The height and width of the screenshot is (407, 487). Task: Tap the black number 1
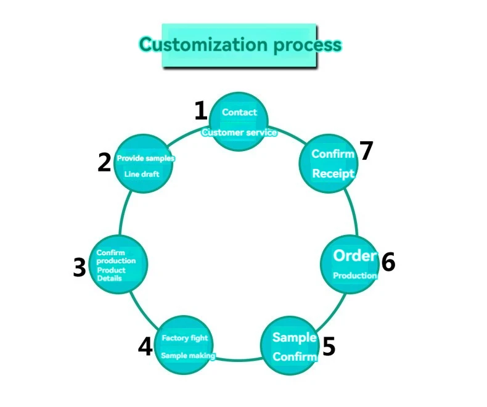(x=200, y=111)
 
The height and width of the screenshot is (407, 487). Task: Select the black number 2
(x=104, y=162)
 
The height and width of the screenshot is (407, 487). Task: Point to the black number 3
(x=79, y=268)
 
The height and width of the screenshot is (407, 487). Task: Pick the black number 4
(x=145, y=347)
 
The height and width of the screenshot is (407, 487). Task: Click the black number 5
(x=329, y=347)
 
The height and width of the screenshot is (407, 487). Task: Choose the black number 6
(x=388, y=262)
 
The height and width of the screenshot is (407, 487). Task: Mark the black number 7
(x=367, y=151)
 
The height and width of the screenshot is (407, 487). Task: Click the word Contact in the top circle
(x=239, y=112)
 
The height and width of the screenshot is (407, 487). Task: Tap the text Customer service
(x=239, y=132)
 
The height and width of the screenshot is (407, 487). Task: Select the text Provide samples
(x=145, y=158)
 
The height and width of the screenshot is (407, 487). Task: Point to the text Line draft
(x=142, y=175)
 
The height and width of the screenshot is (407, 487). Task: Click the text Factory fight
(x=185, y=338)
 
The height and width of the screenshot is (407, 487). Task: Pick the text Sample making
(x=188, y=356)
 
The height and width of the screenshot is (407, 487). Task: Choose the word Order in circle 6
(x=354, y=255)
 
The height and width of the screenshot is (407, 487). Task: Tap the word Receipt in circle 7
(x=333, y=173)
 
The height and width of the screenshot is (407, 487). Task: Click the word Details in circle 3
(x=109, y=278)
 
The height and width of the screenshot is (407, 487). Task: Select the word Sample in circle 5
(x=294, y=337)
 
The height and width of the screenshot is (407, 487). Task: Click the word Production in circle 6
(x=355, y=276)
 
